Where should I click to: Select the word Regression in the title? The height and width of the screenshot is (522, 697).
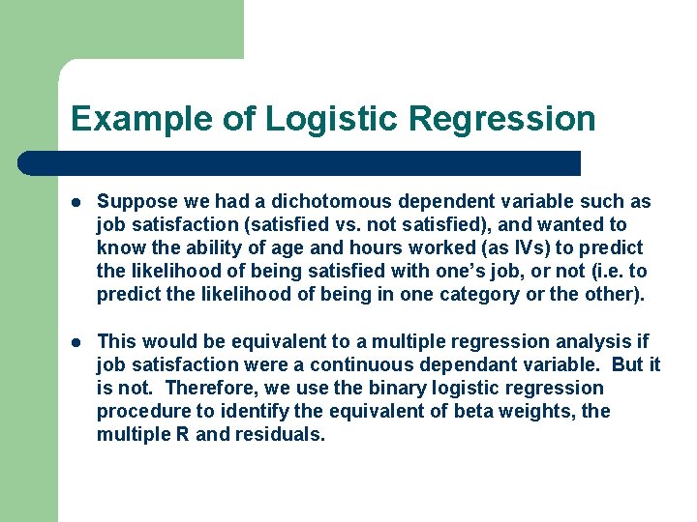coord(502,119)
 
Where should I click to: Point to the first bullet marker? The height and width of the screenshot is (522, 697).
coord(77,202)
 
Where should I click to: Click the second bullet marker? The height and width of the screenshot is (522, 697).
coord(77,341)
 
